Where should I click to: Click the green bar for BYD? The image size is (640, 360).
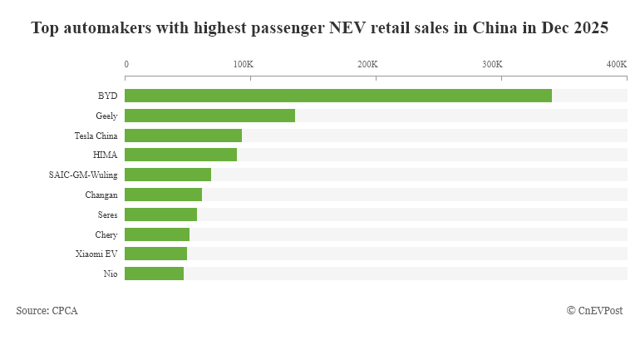pos(338,96)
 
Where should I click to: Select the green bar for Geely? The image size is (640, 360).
pos(209,116)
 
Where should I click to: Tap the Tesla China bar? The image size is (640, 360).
pos(183,136)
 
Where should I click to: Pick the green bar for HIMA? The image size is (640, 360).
pos(180,155)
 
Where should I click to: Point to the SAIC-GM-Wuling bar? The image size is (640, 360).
pos(168,175)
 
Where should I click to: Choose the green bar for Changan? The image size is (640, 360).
pos(163,195)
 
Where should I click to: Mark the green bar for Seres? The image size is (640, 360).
pos(160,215)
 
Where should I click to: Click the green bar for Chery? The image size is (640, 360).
pos(157,234)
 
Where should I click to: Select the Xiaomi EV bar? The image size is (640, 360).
pos(155,254)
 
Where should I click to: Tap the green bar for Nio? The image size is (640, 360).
pos(154,274)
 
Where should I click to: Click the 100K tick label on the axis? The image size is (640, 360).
pos(243,64)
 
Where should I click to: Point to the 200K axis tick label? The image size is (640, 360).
pos(367,64)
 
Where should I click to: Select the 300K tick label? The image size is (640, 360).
pos(492,64)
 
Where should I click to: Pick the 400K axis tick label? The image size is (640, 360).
pos(616,64)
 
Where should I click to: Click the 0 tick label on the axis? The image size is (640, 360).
pos(126,64)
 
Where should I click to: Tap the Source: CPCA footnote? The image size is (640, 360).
pos(47,310)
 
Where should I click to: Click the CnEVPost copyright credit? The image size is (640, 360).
pos(594,310)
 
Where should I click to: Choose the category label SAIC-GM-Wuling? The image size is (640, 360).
pos(83,175)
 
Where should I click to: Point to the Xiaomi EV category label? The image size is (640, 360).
pos(96,254)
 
